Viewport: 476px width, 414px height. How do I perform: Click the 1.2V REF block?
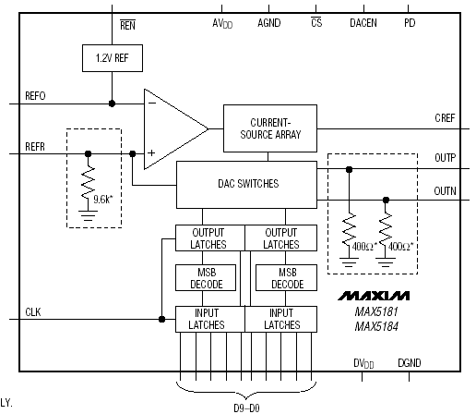click(113, 58)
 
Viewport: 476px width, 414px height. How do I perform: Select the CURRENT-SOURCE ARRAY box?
click(270, 128)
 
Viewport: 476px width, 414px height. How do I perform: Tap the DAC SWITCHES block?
click(246, 185)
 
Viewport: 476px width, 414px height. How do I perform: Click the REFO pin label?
click(35, 96)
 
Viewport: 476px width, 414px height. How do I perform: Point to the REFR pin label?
click(35, 147)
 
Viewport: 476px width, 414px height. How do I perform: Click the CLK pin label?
click(33, 312)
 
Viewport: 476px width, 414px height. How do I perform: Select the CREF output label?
click(445, 118)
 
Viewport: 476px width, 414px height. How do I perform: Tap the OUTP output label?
click(445, 158)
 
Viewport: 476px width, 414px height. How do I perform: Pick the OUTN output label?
click(445, 191)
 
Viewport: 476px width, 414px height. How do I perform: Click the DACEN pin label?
click(363, 23)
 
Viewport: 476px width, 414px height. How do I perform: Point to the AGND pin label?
click(269, 23)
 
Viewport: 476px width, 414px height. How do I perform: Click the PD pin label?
click(410, 23)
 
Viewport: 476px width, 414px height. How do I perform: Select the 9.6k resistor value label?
click(103, 200)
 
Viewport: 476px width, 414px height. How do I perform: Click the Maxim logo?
click(374, 296)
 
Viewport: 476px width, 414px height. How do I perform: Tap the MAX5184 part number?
click(376, 326)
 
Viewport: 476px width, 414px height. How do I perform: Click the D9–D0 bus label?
click(246, 408)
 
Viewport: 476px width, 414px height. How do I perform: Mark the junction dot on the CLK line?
click(161, 319)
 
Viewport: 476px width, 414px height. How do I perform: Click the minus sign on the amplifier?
click(152, 103)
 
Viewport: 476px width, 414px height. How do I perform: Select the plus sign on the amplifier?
click(151, 152)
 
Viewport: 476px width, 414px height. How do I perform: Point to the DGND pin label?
click(410, 363)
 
